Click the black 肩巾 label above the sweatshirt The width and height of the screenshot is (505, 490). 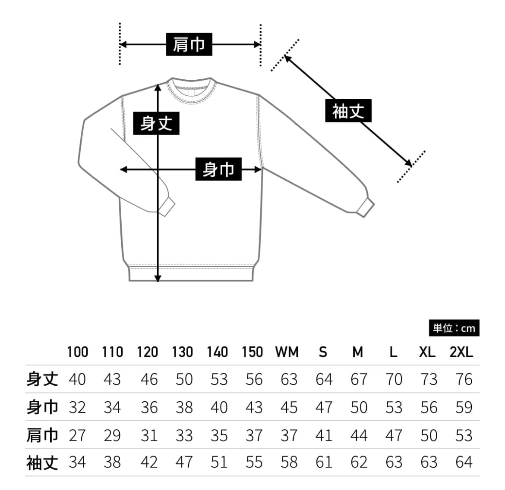(189, 44)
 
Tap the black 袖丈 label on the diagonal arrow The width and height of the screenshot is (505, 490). (348, 111)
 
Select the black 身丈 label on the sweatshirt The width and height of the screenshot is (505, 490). (156, 123)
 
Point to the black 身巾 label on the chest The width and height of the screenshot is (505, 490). (218, 169)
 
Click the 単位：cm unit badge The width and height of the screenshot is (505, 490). (454, 328)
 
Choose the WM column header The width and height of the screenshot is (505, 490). (287, 352)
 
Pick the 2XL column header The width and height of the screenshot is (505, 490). (461, 352)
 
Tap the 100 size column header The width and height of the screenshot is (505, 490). (78, 352)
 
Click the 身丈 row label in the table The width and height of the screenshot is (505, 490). (42, 379)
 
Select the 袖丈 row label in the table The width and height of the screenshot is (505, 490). (42, 463)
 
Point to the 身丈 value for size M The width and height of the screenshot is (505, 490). (359, 379)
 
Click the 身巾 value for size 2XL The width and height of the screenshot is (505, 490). (464, 407)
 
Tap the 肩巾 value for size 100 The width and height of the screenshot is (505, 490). (77, 435)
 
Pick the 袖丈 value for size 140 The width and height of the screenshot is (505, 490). (219, 462)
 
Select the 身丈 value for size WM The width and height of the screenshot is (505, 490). (289, 379)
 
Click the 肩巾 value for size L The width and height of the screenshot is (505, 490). (394, 435)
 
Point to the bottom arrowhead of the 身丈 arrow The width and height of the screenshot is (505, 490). (158, 279)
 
